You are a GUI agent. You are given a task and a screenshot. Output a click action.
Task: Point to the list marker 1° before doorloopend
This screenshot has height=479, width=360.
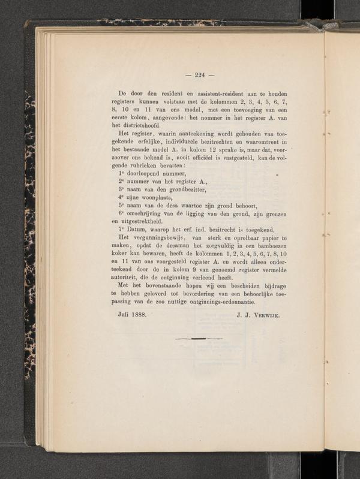pyautogui.click(x=121, y=173)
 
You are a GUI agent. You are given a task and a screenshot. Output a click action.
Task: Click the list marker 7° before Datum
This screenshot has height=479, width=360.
pyautogui.click(x=121, y=228)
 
